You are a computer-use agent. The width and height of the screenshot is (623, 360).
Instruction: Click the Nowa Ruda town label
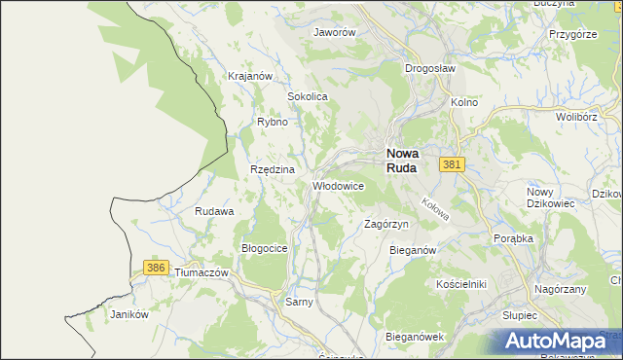tap(402, 160)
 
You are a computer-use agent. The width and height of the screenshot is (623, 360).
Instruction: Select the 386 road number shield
tap(155, 267)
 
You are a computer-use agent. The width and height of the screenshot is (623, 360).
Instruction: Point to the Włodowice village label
tap(338, 185)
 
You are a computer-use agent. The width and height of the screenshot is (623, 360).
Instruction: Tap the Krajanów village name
tap(248, 76)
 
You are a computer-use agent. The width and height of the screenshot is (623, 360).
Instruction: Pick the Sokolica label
tap(307, 97)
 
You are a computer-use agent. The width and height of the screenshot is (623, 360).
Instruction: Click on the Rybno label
tap(272, 122)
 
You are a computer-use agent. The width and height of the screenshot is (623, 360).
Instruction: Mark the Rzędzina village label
tap(273, 169)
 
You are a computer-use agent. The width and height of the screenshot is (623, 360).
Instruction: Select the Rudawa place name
tap(214, 211)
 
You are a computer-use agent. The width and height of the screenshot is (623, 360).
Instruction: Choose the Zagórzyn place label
tap(385, 224)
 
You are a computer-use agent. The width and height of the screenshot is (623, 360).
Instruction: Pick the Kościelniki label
tap(461, 283)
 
